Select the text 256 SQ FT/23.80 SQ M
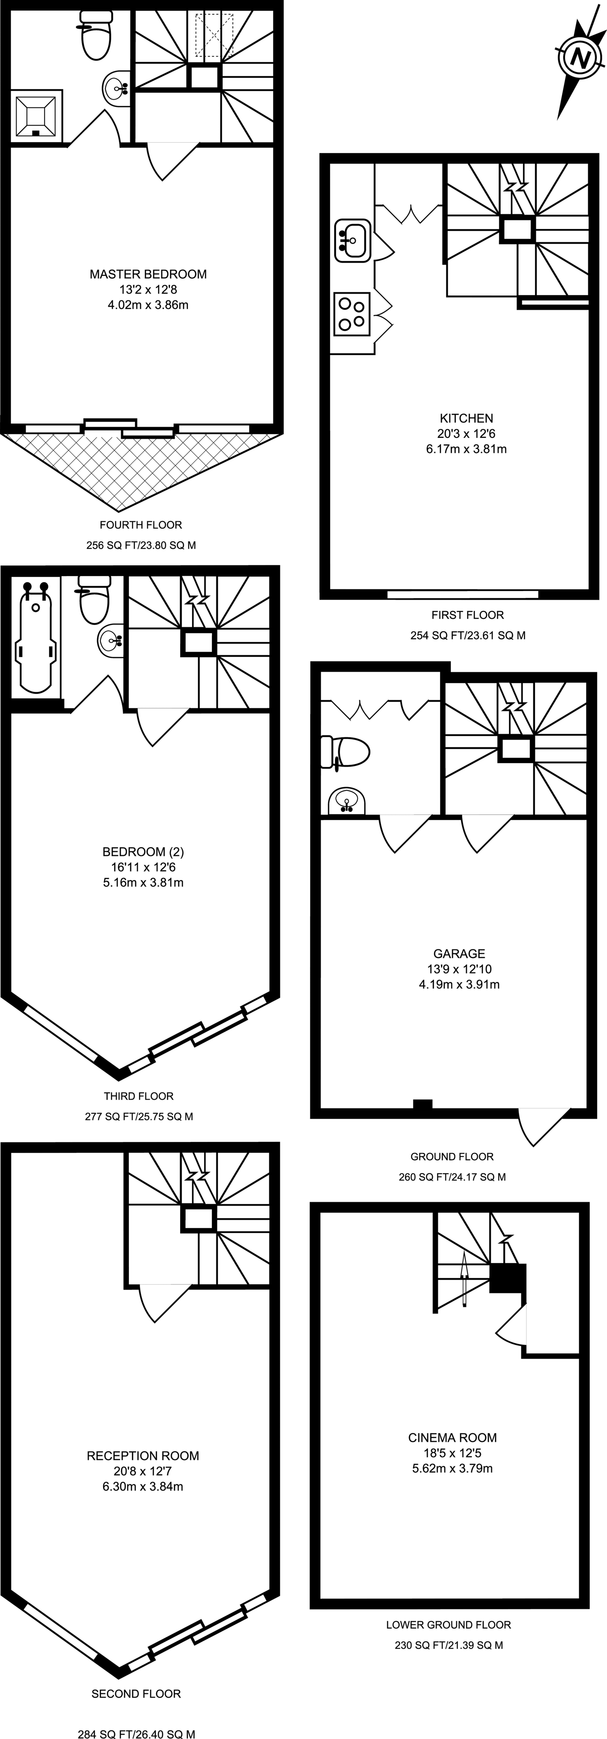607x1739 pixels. point(141,545)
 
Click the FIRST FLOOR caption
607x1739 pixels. point(467,615)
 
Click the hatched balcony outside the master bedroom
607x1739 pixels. point(142,466)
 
